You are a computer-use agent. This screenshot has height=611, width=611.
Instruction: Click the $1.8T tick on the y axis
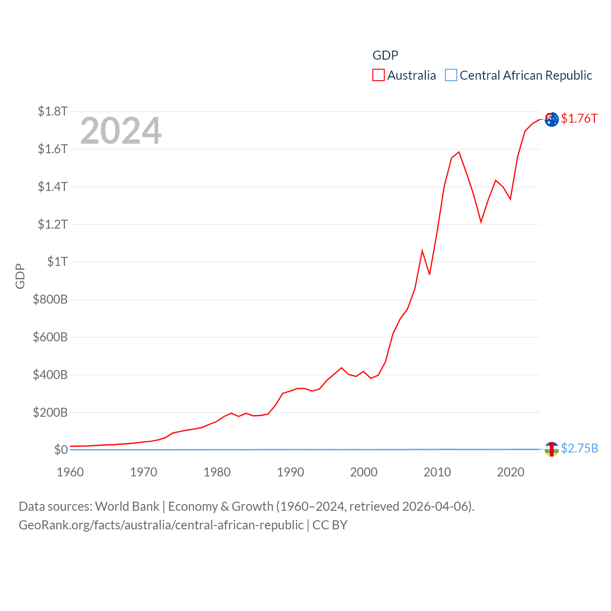click(x=53, y=112)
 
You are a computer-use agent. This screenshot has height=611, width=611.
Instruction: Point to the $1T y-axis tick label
click(x=57, y=262)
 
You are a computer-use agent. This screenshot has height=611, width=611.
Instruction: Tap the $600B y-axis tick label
click(x=50, y=337)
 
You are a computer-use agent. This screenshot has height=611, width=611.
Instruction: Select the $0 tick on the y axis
click(x=61, y=450)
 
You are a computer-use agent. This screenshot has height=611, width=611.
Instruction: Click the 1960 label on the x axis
click(x=70, y=472)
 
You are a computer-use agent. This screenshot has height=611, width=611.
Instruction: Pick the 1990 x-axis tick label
click(x=290, y=472)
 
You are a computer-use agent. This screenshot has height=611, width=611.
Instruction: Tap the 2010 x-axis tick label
click(x=437, y=472)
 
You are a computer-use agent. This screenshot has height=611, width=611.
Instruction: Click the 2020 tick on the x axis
click(x=511, y=472)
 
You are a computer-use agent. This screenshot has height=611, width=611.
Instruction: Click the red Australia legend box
click(x=379, y=75)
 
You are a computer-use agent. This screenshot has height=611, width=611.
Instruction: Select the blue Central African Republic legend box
click(x=451, y=75)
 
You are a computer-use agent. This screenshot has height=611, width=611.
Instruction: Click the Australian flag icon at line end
click(x=551, y=119)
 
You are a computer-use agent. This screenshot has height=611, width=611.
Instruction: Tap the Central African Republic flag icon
click(x=551, y=449)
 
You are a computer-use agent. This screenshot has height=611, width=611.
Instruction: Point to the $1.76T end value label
click(x=579, y=118)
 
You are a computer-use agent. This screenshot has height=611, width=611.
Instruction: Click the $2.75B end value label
click(x=579, y=448)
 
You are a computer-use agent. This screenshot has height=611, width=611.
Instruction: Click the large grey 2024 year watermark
click(x=121, y=131)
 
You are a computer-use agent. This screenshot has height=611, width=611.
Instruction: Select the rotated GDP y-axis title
click(x=20, y=276)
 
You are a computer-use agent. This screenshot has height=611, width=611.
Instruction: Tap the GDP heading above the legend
click(x=385, y=55)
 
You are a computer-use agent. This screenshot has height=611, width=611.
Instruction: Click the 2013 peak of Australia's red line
click(x=459, y=152)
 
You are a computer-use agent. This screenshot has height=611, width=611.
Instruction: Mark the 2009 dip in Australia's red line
click(x=430, y=274)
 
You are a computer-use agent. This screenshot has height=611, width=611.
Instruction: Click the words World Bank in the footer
click(x=127, y=506)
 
